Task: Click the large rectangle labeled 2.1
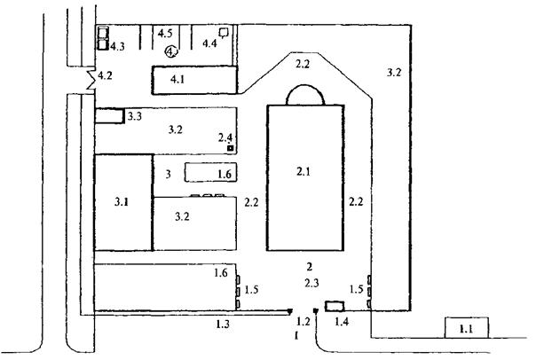coord(304,177)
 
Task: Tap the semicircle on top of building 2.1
coord(304,95)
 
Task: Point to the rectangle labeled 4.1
coord(196,80)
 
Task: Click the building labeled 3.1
coord(123,203)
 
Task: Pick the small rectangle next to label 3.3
coord(109,115)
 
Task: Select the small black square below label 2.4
coord(229,149)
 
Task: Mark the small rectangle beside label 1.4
coord(334,306)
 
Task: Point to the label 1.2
coord(304,321)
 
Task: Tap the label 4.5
coord(165,34)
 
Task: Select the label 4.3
coord(117,45)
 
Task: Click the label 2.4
coord(226,137)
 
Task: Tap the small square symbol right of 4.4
coord(225,33)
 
